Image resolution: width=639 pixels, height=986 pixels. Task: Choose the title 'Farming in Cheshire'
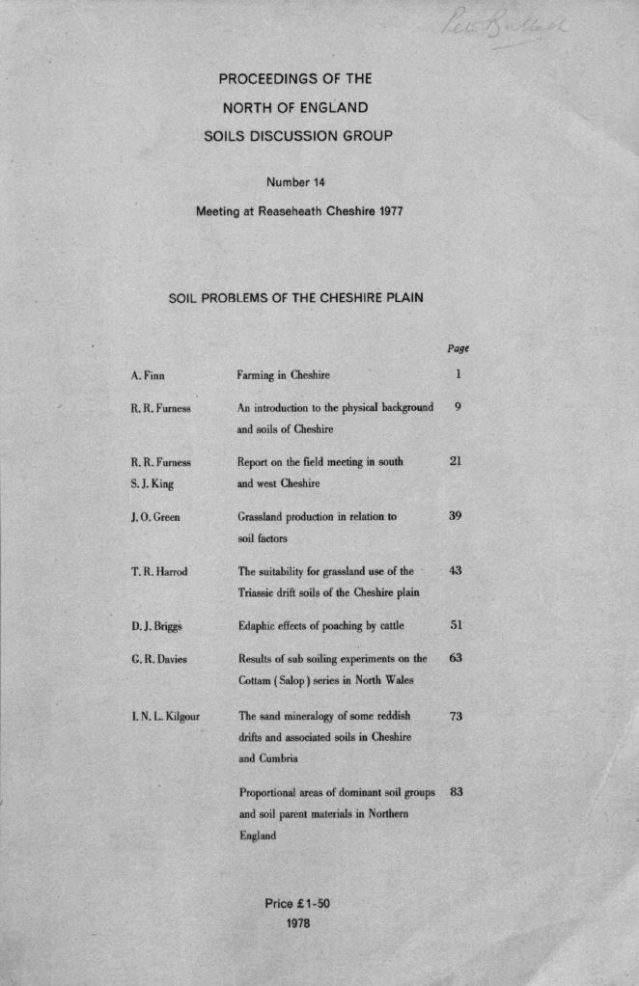point(284,374)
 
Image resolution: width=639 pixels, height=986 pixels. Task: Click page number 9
point(458,407)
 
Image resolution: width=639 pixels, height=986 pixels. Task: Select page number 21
point(458,461)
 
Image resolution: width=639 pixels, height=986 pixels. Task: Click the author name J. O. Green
point(155,517)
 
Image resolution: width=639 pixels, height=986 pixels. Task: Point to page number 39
point(458,516)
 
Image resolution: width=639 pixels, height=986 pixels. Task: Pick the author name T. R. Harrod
point(159,571)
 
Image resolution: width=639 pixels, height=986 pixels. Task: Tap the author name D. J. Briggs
point(156,626)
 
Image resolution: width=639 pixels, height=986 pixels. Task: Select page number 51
point(458,625)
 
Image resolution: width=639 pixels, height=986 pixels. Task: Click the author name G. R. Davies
point(159,660)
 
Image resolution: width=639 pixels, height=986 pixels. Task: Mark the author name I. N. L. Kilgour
point(165,717)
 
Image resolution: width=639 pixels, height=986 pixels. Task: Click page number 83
point(458,793)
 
